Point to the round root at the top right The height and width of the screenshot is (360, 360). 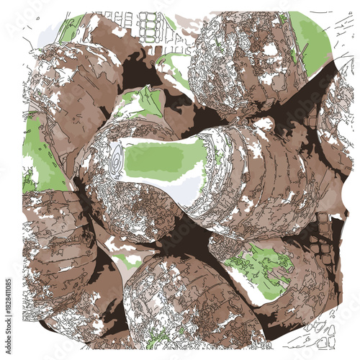[x=245, y=65]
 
